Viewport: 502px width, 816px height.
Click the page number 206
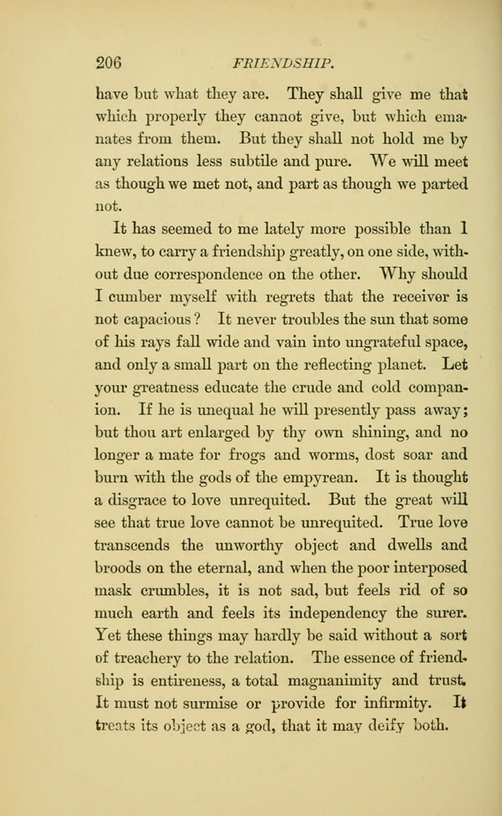coord(109,62)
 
